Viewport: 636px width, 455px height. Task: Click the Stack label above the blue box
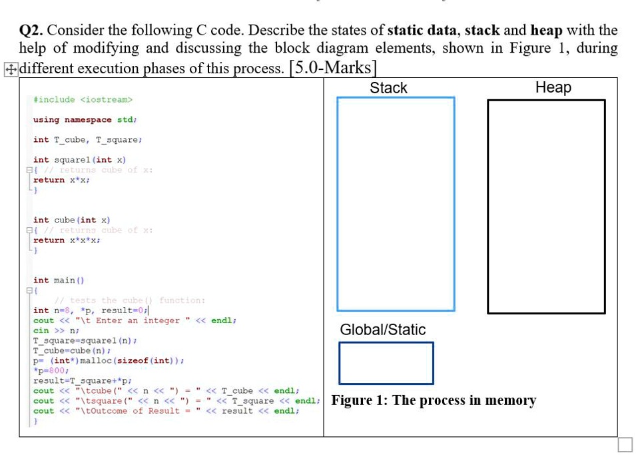coord(388,88)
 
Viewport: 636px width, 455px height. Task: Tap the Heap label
coord(553,87)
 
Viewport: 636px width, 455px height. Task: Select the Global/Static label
coord(382,330)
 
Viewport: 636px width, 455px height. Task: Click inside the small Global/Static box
coord(386,363)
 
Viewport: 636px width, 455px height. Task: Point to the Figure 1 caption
coord(434,400)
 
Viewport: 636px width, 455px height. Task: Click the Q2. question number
coord(31,31)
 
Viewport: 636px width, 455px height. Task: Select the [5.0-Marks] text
coord(333,68)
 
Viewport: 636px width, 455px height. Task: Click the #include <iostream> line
coord(83,100)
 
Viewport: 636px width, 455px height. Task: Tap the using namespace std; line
coord(85,120)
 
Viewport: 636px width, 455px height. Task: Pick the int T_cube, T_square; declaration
coord(87,140)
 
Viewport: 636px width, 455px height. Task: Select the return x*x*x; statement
coord(67,240)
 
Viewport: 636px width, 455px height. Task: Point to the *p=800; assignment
coord(51,370)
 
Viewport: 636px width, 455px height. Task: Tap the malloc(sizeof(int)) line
coord(109,360)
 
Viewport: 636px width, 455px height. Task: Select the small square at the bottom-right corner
coord(625,444)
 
